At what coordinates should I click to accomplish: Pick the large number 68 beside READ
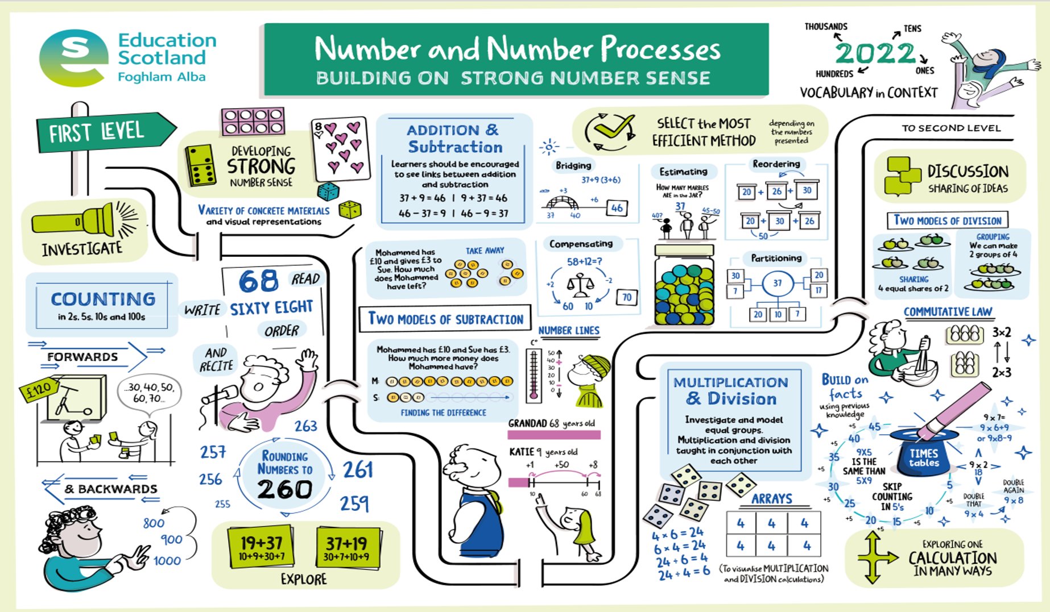pos(259,281)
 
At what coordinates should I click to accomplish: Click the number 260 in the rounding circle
pos(284,489)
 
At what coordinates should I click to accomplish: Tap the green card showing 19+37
pos(261,547)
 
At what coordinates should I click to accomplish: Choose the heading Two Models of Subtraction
pos(445,319)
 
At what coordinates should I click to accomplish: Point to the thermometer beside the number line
pos(534,375)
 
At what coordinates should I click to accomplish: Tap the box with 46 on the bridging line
pos(617,208)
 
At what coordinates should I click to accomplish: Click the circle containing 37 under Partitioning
pos(777,283)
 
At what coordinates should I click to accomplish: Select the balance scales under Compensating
pos(580,284)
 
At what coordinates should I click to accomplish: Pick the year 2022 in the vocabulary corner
pos(875,54)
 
